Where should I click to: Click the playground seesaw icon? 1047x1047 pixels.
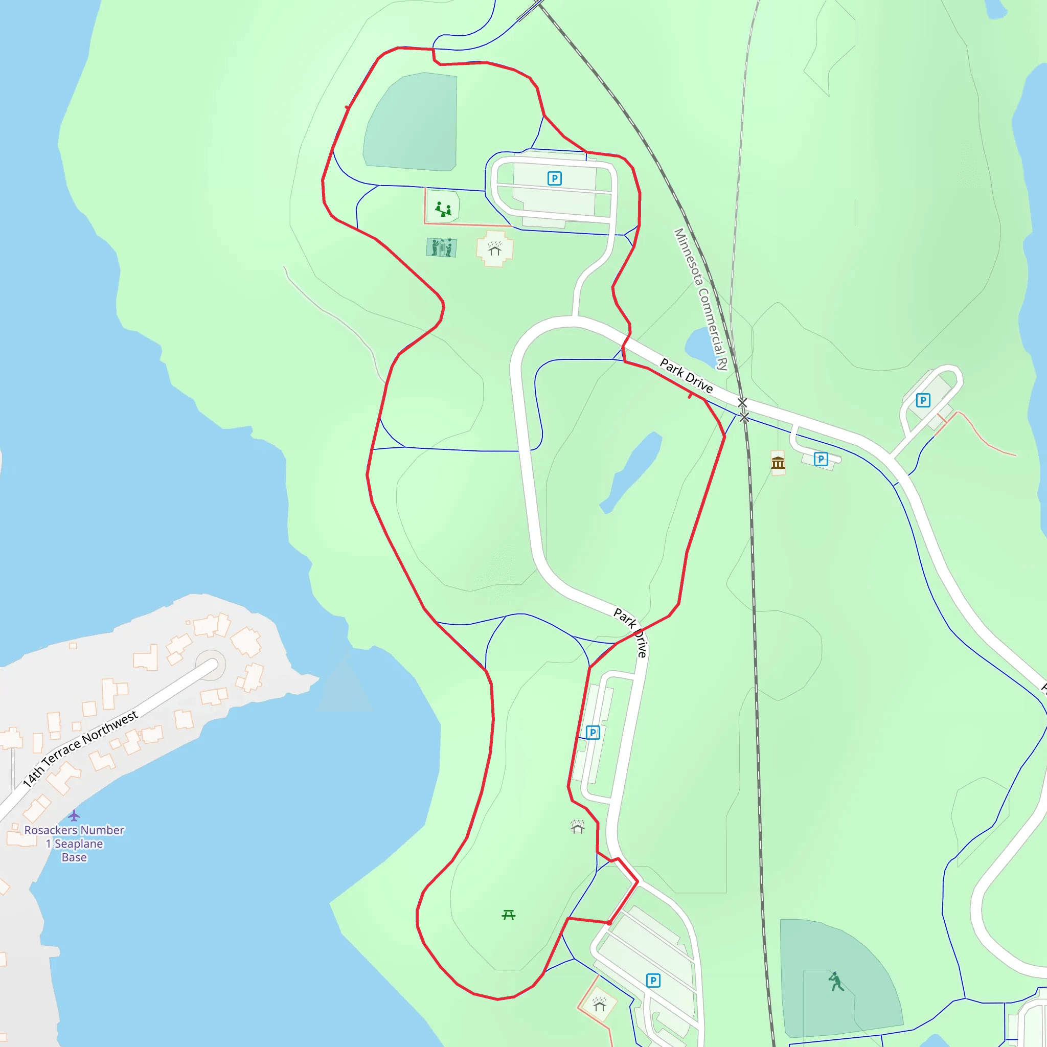(x=443, y=209)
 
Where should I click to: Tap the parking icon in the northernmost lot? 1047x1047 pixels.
(x=554, y=178)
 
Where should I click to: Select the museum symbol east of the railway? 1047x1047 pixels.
(x=778, y=463)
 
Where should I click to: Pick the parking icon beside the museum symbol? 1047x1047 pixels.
(x=821, y=459)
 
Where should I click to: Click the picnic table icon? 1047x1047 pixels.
(x=508, y=915)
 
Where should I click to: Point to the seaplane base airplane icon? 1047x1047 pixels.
(x=74, y=815)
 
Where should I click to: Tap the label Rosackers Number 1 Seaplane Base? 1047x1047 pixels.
(x=74, y=843)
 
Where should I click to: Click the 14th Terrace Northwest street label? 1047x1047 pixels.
(x=80, y=749)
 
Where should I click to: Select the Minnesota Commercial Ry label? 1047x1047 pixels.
(x=700, y=299)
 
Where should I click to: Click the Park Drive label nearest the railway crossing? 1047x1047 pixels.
(x=686, y=375)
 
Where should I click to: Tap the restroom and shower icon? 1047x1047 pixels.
(x=441, y=247)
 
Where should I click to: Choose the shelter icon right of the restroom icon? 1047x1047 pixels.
(x=494, y=249)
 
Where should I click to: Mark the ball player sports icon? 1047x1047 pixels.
(x=836, y=982)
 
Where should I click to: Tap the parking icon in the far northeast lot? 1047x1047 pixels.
(x=923, y=400)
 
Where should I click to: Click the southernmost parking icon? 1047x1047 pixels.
(x=653, y=981)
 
